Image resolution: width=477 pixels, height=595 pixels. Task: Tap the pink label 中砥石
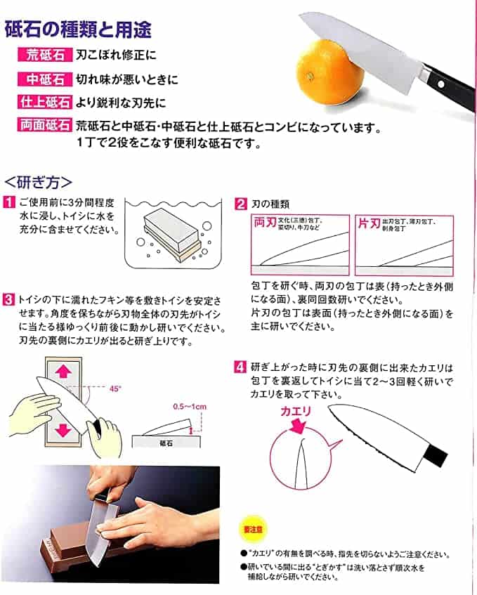pyautogui.click(x=45, y=79)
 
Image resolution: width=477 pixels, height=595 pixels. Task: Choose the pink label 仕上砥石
pyautogui.click(x=45, y=102)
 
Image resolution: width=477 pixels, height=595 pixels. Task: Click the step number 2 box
pyautogui.click(x=240, y=204)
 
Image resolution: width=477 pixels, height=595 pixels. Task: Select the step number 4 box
pyautogui.click(x=240, y=366)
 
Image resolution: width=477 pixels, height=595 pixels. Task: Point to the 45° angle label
pyautogui.click(x=116, y=387)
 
